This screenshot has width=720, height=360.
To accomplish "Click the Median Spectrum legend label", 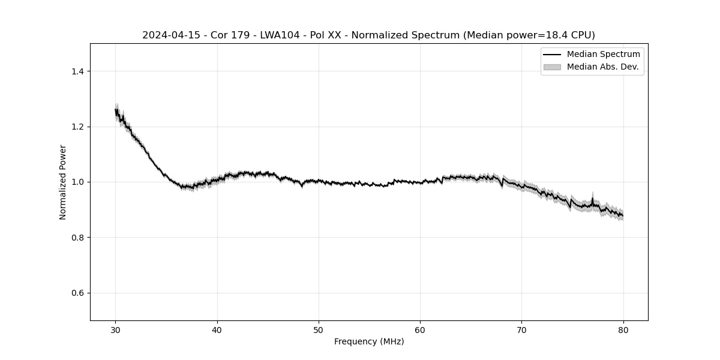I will [603, 55].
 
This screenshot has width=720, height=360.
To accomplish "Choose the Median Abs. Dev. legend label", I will [602, 67].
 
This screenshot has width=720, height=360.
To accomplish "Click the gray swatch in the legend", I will [552, 67].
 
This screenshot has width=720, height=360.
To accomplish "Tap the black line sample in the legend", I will [552, 55].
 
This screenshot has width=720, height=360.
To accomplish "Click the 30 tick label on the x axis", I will [116, 329].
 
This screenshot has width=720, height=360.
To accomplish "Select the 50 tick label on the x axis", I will [319, 329].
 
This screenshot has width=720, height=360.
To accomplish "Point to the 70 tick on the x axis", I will [521, 329].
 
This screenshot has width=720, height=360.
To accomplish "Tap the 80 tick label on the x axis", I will [623, 329].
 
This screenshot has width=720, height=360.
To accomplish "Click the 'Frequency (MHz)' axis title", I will [369, 342].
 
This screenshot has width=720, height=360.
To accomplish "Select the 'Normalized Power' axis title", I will [62, 182].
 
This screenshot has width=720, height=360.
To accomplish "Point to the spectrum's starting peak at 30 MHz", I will [116, 110].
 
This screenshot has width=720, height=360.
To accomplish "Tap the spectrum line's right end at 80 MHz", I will [623, 215].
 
